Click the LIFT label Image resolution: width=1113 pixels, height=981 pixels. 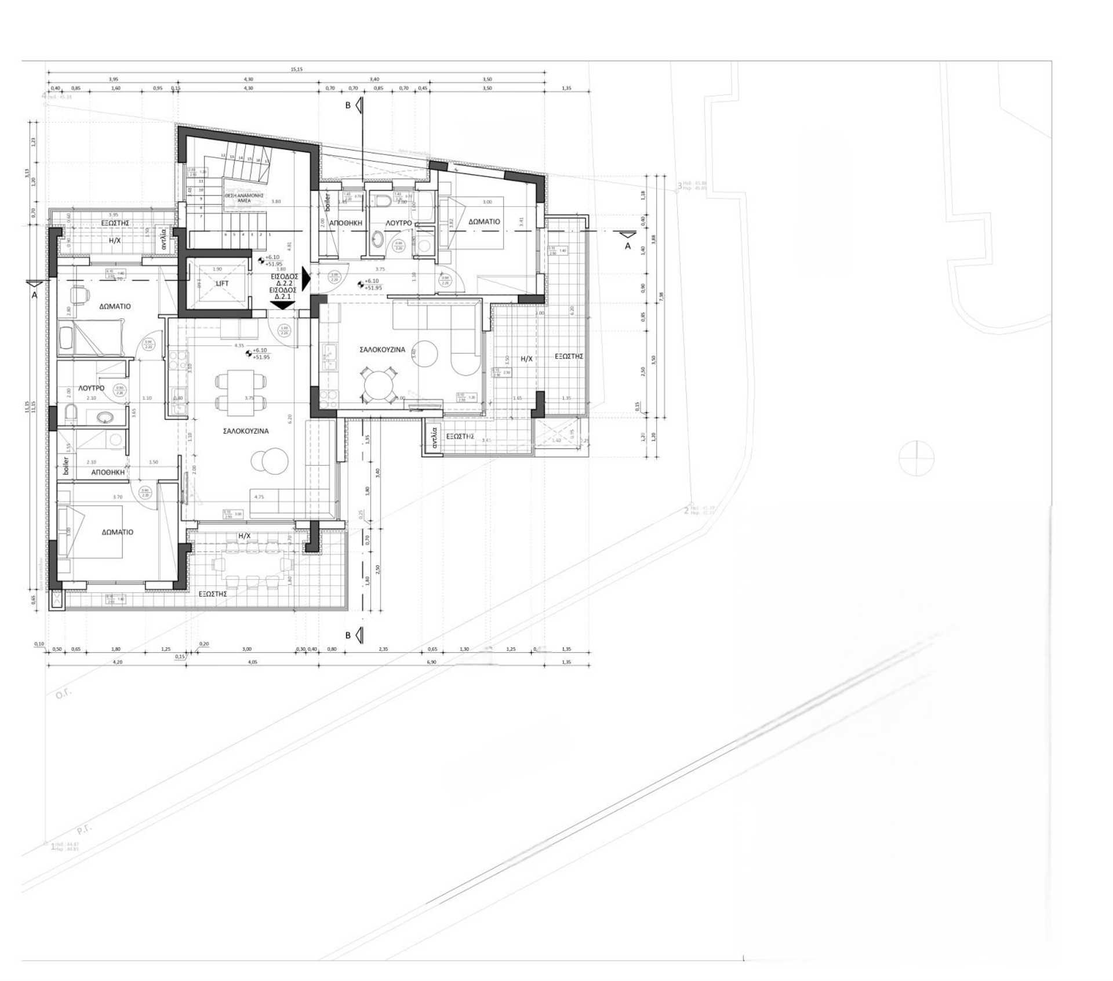[222, 284]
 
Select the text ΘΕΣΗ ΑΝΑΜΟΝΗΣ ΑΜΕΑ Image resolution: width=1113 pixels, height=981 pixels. [244, 198]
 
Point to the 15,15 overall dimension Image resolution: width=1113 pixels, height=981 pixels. [296, 70]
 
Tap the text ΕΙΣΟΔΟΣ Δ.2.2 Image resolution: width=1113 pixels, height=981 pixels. [284, 280]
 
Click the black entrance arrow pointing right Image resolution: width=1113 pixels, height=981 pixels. [306, 280]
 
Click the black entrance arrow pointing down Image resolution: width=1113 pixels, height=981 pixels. [282, 304]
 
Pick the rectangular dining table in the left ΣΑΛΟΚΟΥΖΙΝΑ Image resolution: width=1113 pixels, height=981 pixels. [241, 393]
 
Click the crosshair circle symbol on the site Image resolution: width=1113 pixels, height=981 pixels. [916, 458]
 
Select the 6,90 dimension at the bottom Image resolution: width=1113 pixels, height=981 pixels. [431, 662]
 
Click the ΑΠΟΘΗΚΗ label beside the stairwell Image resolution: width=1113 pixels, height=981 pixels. [345, 223]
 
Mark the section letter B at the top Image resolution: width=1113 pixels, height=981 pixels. [348, 106]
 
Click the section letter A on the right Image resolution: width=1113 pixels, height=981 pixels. [627, 246]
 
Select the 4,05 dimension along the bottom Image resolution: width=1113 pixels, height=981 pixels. [252, 662]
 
